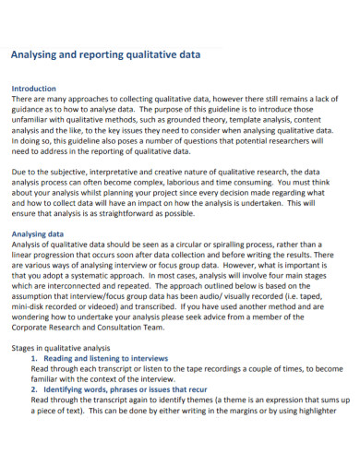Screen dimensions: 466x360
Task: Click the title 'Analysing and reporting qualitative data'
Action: [x=104, y=54]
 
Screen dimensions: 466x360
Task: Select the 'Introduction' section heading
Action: [x=33, y=90]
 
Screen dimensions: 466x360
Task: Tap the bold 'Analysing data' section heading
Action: [x=37, y=234]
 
